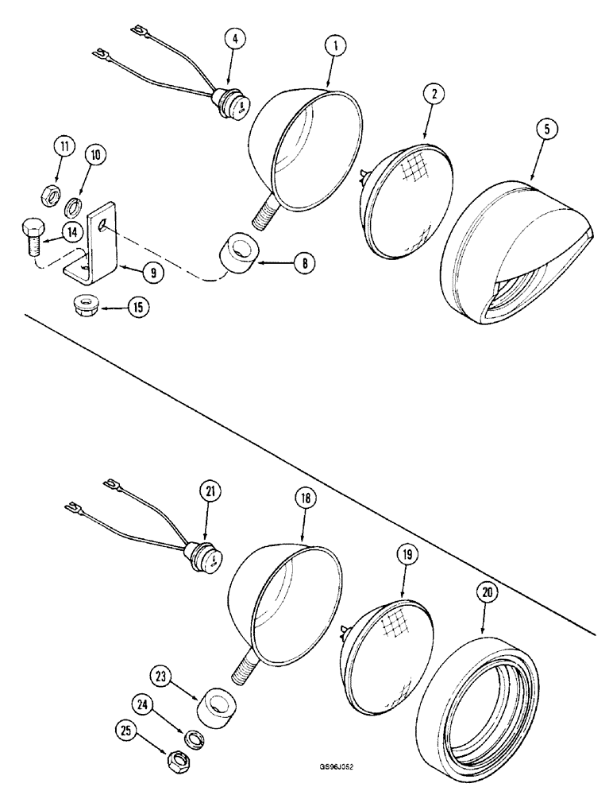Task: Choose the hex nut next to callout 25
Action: tap(175, 760)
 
